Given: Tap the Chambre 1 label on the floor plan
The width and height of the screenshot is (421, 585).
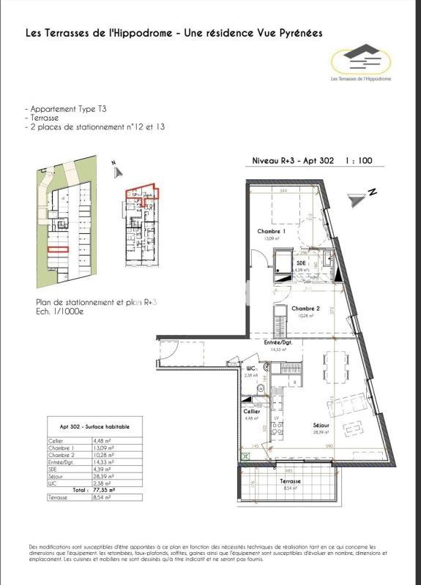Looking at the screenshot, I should tap(270, 230).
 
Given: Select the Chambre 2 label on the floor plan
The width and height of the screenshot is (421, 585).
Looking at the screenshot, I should tap(306, 309).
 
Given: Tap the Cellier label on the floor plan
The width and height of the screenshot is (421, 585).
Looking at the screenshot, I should tap(251, 412).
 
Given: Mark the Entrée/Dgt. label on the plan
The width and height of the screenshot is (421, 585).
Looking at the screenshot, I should tap(279, 342).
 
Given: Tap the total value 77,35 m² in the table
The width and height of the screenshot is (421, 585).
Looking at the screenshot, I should tap(103, 490).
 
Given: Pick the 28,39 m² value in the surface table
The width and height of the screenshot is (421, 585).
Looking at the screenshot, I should tap(103, 476).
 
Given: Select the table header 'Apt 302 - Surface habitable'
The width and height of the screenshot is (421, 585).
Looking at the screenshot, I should tap(92, 426).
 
